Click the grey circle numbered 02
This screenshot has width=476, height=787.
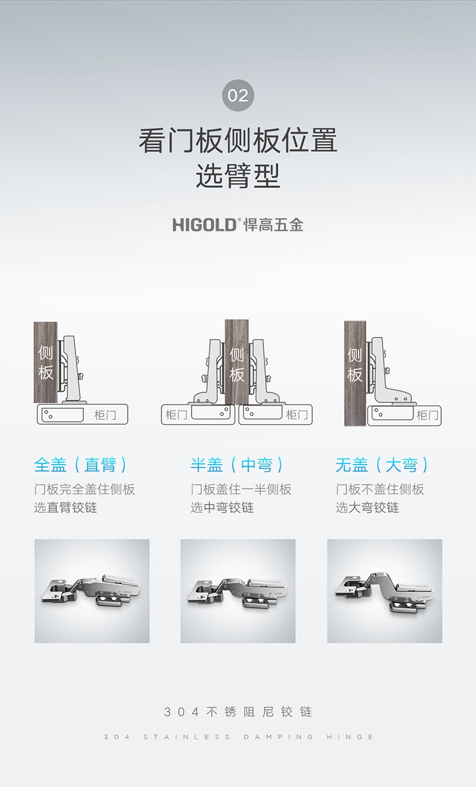pyautogui.click(x=238, y=95)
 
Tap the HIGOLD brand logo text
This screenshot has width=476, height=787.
pyautogui.click(x=204, y=225)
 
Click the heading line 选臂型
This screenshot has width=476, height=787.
pyautogui.click(x=238, y=176)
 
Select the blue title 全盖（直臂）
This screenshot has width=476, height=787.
pyautogui.click(x=81, y=465)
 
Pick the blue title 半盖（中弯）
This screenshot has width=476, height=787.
pyautogui.click(x=237, y=465)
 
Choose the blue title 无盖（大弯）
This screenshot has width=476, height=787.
pyautogui.click(x=382, y=465)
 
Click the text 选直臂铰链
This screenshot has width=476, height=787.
pyautogui.click(x=65, y=507)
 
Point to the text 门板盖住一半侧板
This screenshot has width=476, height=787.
pyautogui.click(x=241, y=489)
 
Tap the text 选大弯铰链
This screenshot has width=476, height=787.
pyautogui.click(x=367, y=507)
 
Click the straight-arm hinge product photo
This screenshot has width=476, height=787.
pyautogui.click(x=92, y=591)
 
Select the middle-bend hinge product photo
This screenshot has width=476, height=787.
pyautogui.click(x=238, y=591)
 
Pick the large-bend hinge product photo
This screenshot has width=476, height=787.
pyautogui.click(x=384, y=591)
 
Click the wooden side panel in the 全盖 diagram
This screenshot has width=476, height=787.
pyautogui.click(x=46, y=362)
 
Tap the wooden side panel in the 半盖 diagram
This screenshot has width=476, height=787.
pyautogui.click(x=237, y=362)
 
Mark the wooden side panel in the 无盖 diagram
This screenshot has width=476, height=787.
pyautogui.click(x=355, y=373)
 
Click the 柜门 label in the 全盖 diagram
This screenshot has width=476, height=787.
pyautogui.click(x=105, y=415)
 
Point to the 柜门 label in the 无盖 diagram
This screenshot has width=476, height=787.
pyautogui.click(x=427, y=415)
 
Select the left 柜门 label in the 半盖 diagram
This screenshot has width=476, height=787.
pyautogui.click(x=177, y=415)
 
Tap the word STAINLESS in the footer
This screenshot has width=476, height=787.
pyautogui.click(x=187, y=737)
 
